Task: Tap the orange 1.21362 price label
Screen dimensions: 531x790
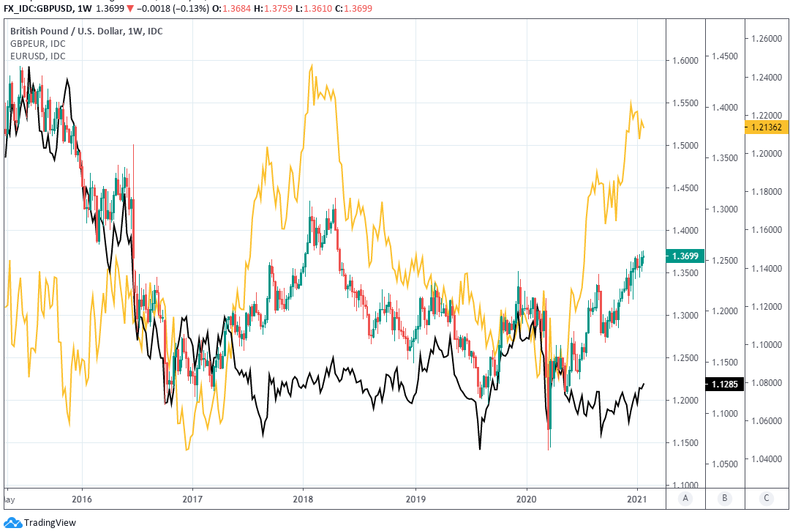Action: [766, 127]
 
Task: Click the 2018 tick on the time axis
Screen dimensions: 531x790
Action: [302, 498]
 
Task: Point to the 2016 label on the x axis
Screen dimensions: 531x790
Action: [82, 498]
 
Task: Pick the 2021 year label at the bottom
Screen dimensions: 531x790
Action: [637, 498]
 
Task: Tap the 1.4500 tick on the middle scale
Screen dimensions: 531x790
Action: [723, 56]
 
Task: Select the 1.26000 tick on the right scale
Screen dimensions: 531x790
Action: [766, 39]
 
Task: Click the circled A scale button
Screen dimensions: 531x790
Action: [685, 498]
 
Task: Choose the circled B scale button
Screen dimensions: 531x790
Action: [724, 498]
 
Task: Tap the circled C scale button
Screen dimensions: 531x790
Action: [766, 498]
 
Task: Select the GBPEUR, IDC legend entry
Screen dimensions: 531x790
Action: [37, 44]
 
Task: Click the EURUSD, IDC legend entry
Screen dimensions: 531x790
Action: [37, 56]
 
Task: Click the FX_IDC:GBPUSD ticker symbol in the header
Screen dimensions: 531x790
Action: [44, 7]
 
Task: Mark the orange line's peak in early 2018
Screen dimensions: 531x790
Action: [312, 65]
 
